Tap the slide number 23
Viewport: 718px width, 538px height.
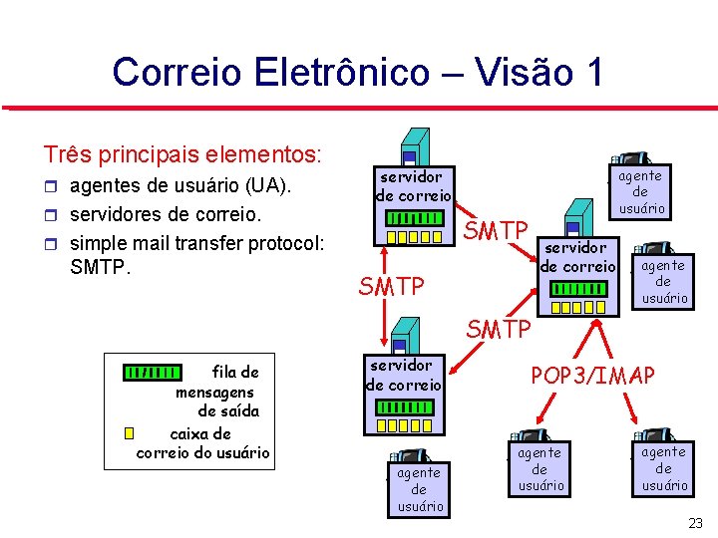pos(695,523)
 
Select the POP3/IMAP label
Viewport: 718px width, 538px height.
pos(592,376)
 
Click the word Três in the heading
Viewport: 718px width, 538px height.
pos(66,155)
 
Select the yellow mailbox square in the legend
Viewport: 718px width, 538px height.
pos(129,433)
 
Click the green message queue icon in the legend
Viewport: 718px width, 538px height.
pos(153,373)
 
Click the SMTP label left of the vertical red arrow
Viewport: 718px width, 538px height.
pos(391,287)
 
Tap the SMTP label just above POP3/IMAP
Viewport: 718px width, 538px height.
pos(499,328)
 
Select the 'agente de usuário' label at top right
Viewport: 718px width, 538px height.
pos(640,191)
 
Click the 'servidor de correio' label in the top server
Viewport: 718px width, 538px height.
pos(414,185)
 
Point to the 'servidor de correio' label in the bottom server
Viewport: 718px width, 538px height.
pos(403,375)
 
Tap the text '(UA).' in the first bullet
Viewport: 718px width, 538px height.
pos(268,186)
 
